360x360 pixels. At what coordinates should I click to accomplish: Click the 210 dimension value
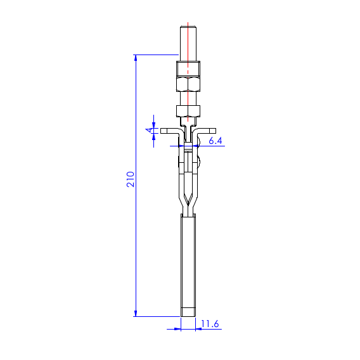point(131,179)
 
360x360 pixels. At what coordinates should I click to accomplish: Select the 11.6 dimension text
point(210,324)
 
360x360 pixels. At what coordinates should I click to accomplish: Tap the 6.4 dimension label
point(215,141)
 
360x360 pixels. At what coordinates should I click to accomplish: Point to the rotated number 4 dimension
point(149,131)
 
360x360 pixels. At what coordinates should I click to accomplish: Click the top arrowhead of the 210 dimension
point(136,58)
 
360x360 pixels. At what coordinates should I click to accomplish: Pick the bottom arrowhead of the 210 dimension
point(136,313)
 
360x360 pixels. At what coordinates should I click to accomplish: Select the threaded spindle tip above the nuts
point(188,44)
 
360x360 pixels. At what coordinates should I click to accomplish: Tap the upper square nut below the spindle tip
point(188,68)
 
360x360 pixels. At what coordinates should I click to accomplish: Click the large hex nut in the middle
point(188,84)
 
